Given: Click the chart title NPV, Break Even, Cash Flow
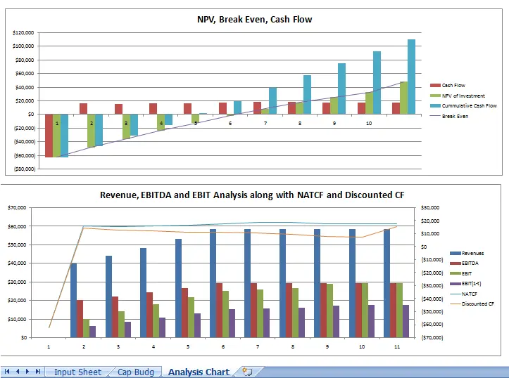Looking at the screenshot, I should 254,20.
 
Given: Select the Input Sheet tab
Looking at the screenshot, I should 77,372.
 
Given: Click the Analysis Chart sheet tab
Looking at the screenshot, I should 199,372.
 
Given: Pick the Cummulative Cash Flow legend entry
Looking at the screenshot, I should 469,105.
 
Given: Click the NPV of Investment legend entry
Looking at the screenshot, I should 463,96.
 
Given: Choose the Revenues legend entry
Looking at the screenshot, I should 473,253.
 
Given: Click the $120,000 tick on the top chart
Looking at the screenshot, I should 23,33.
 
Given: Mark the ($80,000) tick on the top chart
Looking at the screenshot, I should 22,169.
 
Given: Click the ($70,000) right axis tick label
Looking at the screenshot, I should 430,337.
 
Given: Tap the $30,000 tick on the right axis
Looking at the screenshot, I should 430,208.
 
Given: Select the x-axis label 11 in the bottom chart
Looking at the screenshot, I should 396,346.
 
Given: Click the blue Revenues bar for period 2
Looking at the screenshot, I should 74,300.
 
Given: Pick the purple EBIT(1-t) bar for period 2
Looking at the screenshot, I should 92,332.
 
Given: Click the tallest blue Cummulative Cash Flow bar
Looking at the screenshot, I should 411,77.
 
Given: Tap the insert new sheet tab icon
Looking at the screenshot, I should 246,372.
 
